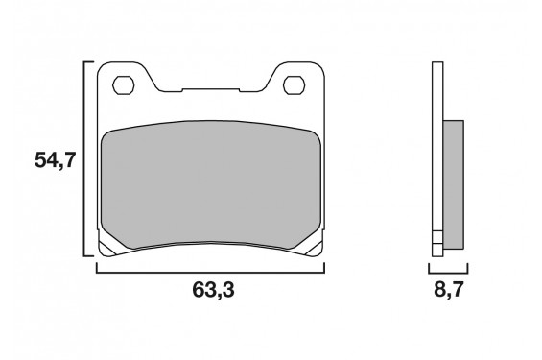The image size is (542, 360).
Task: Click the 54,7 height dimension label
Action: [55, 160]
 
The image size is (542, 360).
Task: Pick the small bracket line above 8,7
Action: [446, 271]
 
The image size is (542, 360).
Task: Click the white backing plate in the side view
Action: [438, 144]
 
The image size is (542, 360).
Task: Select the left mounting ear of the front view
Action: [125, 82]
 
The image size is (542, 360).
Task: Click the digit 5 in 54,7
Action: [41, 160]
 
